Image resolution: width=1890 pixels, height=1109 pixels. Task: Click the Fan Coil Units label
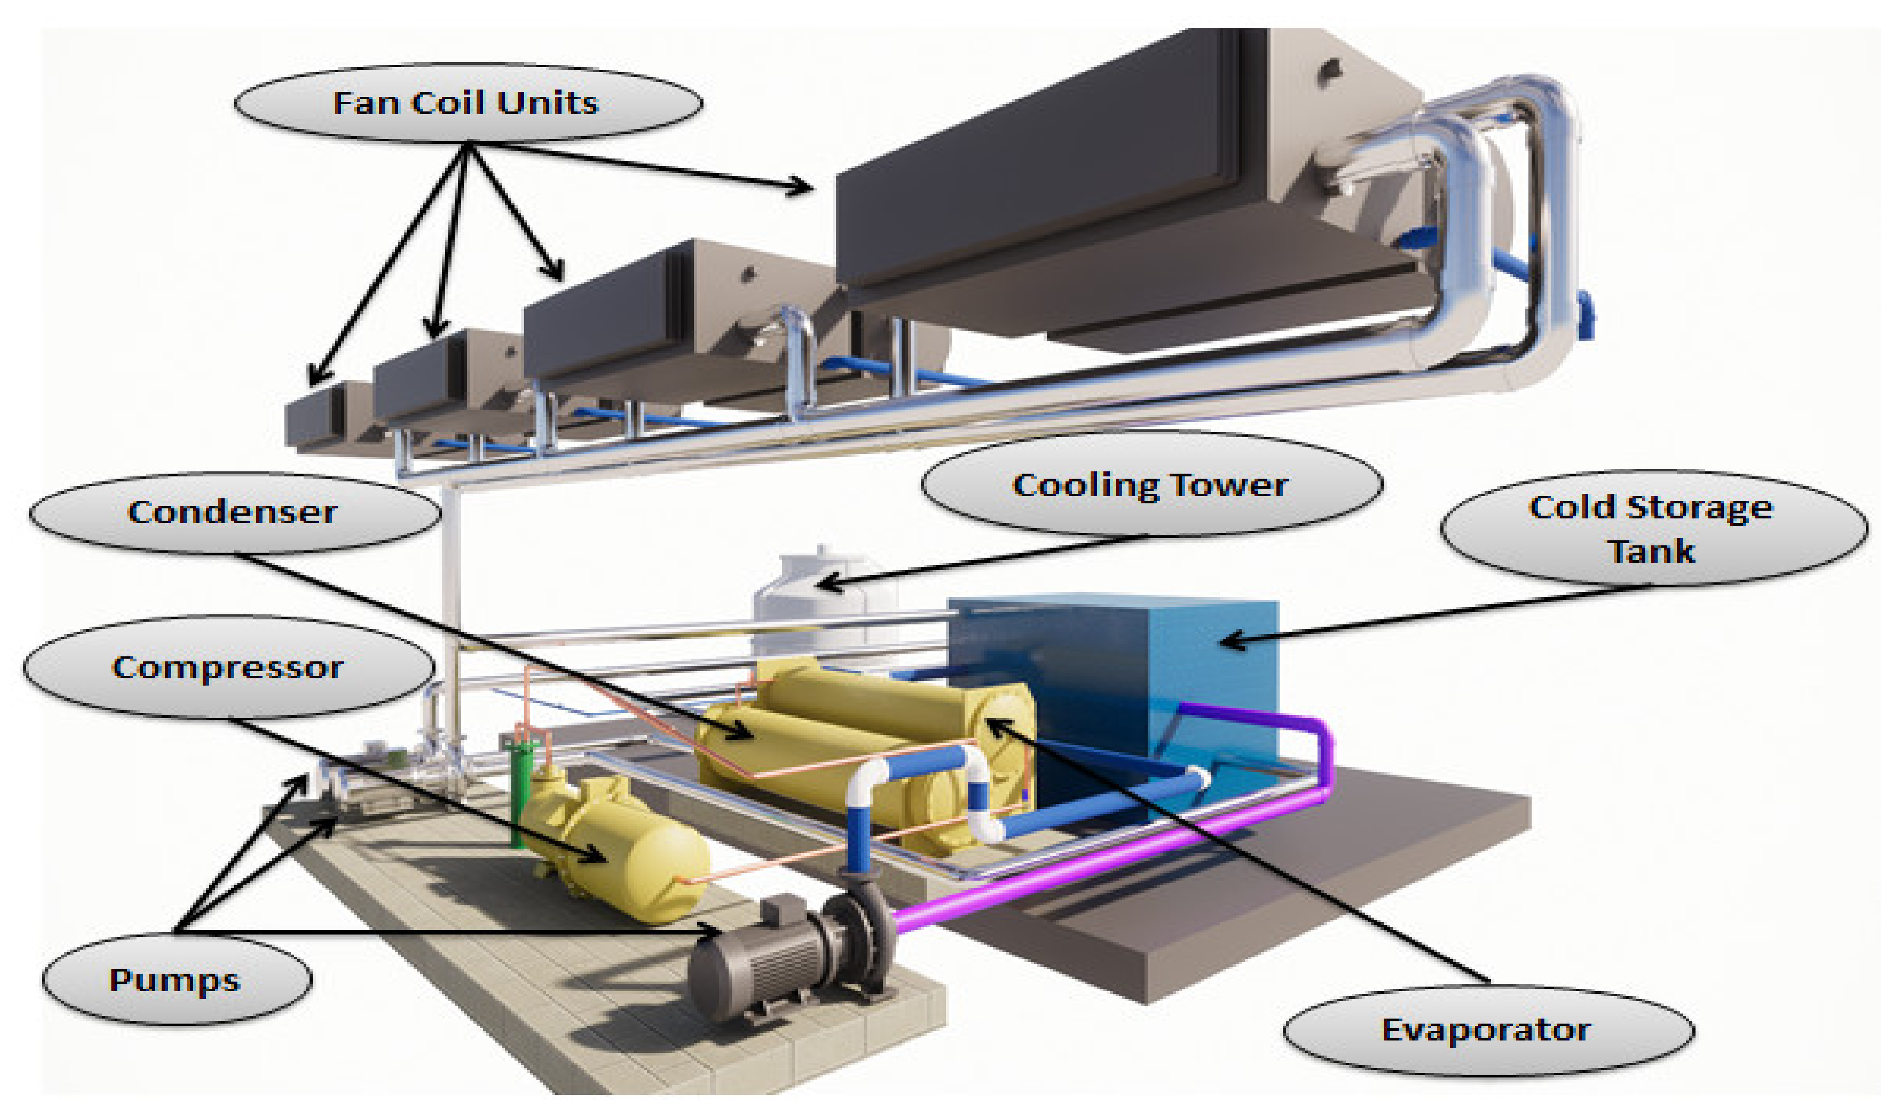point(467,103)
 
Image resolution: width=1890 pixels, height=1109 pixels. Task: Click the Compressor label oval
point(228,667)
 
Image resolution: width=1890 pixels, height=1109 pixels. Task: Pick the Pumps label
point(175,980)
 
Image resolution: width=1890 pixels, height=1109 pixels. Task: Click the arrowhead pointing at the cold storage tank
point(1230,642)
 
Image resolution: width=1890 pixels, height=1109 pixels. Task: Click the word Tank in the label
point(1652,551)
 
